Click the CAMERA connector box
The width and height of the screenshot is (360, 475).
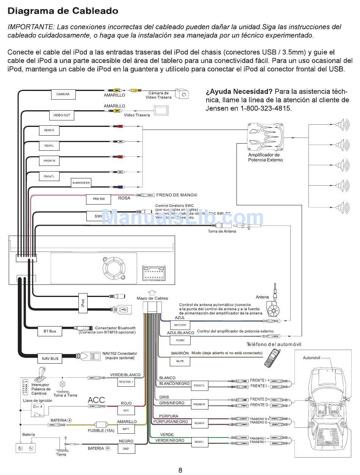[x=63, y=94]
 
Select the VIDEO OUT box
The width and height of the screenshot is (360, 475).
[x=61, y=115]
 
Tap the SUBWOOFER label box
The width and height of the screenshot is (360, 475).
[x=81, y=183]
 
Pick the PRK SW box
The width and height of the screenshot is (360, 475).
[x=99, y=199]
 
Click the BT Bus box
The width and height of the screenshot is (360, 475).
[x=50, y=331]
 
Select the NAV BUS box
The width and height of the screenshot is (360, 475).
[x=50, y=358]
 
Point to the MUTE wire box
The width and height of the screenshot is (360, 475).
[x=180, y=361]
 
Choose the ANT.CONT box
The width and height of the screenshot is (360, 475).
[x=180, y=325]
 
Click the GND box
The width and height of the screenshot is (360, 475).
[x=126, y=448]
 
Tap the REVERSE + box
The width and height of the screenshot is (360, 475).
[x=126, y=382]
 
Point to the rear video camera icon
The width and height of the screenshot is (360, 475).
[x=182, y=94]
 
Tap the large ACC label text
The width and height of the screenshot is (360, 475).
[x=96, y=400]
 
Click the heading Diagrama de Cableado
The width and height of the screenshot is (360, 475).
[x=63, y=11]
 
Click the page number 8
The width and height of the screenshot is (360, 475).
[x=180, y=470]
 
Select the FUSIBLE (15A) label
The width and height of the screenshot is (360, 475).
[x=101, y=431]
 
